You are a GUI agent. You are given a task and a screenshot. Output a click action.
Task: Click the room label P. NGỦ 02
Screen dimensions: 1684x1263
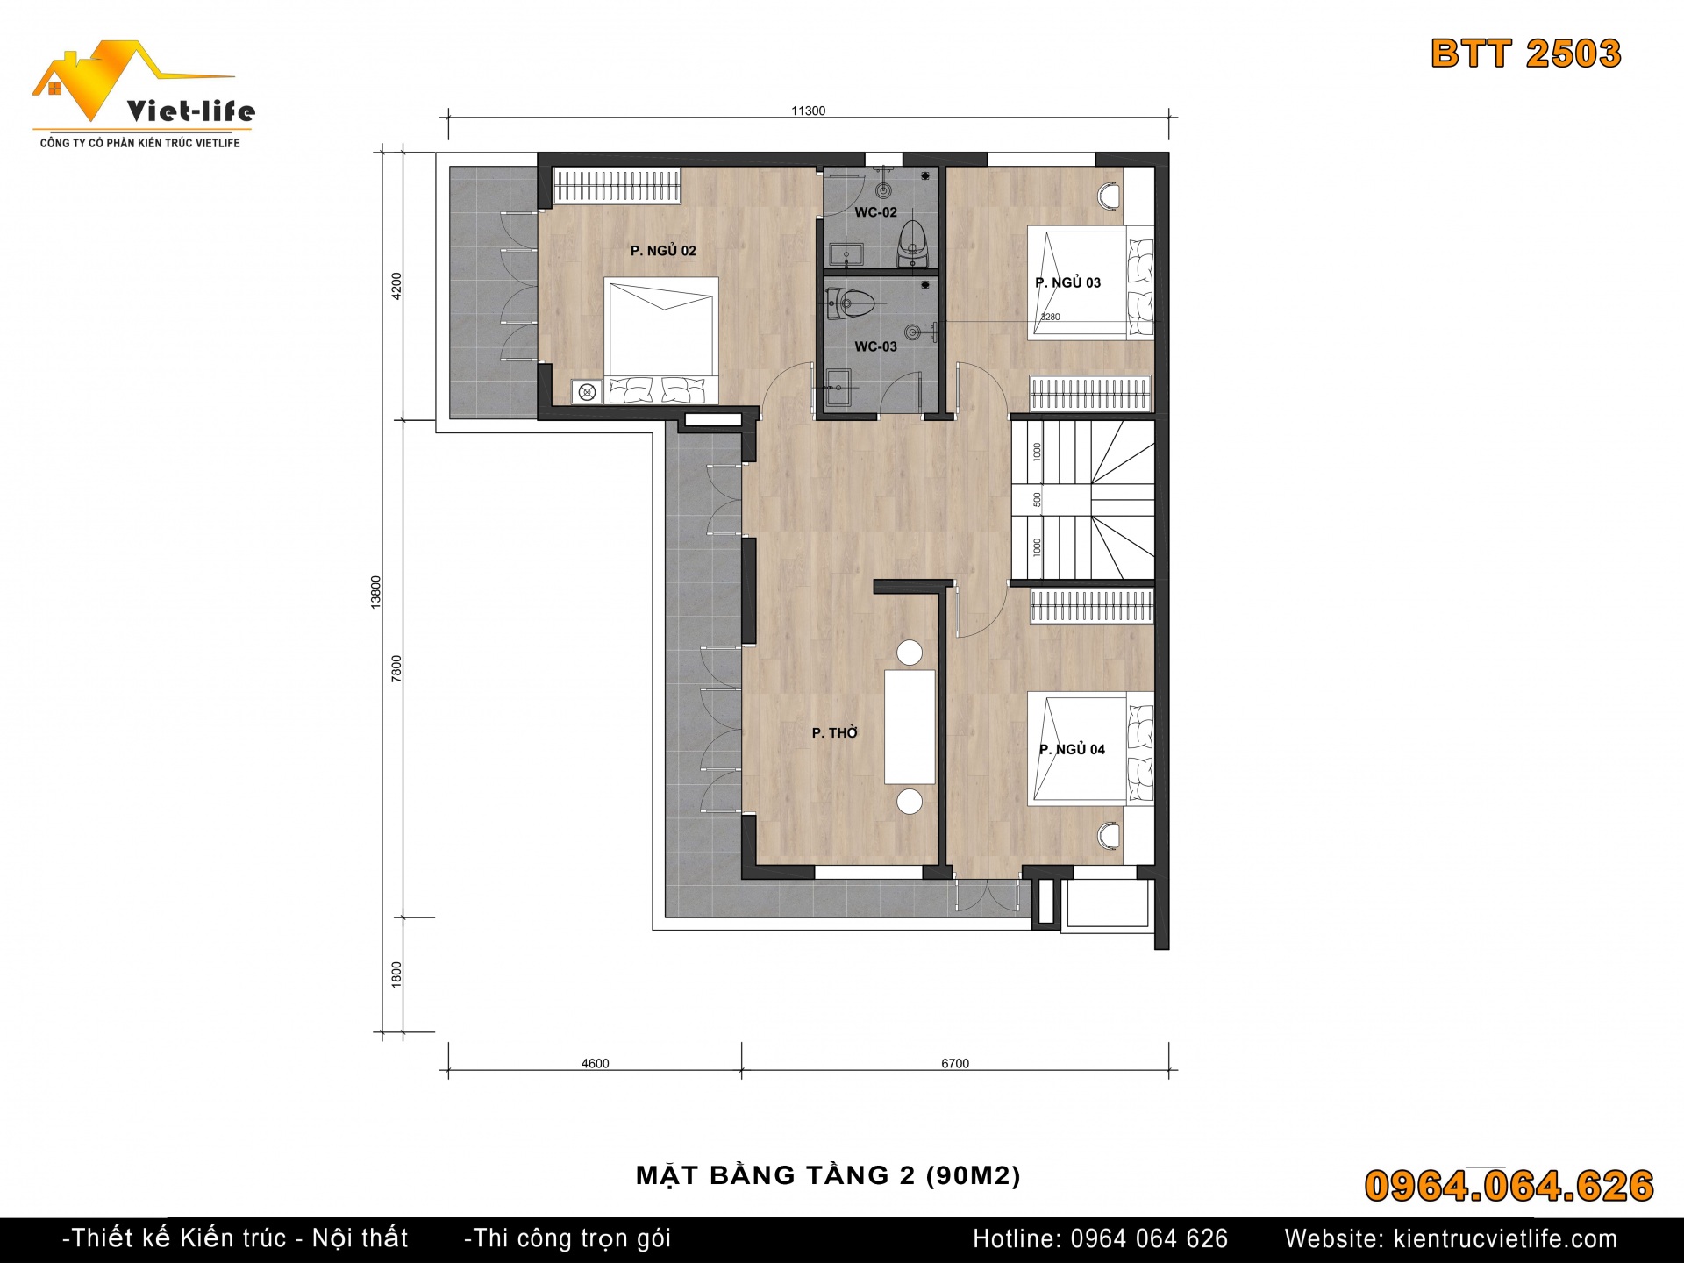[663, 251]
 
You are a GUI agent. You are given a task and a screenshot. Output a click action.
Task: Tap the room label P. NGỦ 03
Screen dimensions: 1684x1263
[1067, 282]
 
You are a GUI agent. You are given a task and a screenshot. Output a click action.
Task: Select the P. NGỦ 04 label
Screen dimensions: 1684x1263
[1072, 749]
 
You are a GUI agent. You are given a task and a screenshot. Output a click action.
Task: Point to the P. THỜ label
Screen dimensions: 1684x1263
[834, 732]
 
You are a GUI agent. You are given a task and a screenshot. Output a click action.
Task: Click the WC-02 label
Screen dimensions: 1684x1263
[875, 212]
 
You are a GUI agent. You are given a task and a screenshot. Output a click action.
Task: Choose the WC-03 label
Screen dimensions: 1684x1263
[875, 346]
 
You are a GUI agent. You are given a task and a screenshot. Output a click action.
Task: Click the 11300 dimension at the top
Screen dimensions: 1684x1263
[808, 111]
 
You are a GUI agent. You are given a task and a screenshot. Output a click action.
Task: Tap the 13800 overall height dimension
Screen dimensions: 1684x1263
[376, 592]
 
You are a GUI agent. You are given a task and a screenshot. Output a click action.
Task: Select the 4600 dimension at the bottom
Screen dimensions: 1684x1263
[595, 1064]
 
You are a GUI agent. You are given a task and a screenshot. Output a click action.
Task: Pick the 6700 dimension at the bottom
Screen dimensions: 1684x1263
[955, 1064]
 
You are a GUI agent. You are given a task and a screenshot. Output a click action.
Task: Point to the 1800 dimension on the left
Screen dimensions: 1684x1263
[396, 975]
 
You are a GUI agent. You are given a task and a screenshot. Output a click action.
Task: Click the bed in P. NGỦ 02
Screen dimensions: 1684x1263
[661, 341]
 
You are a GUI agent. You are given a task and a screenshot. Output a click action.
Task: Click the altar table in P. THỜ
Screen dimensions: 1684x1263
[910, 727]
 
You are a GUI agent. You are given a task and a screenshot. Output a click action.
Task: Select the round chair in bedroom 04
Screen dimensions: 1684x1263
[1110, 836]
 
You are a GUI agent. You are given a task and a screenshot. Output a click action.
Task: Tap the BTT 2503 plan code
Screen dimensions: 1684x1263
[1526, 54]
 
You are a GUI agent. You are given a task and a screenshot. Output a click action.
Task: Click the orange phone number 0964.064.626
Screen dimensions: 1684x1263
[1509, 1186]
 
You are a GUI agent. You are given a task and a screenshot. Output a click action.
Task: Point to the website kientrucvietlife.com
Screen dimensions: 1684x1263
[1505, 1238]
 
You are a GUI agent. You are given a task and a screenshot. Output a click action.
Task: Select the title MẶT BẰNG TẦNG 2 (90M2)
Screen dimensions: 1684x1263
[828, 1175]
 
